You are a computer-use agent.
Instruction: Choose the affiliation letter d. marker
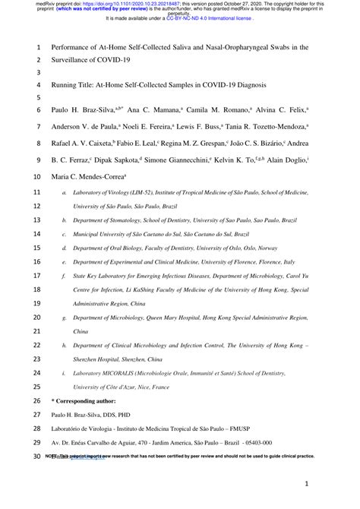pyautogui.click(x=64, y=248)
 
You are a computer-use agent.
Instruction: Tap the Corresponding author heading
pyautogui.click(x=86, y=400)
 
